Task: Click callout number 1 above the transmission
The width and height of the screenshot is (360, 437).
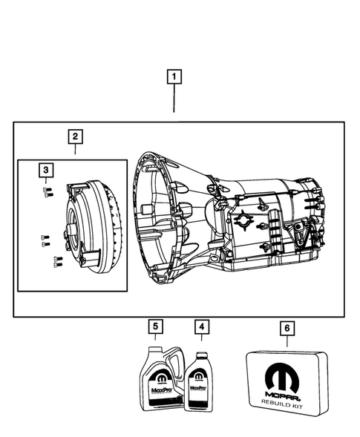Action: pyautogui.click(x=174, y=76)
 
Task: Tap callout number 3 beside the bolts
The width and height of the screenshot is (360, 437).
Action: pyautogui.click(x=46, y=171)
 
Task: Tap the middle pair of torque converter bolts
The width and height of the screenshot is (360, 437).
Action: pyautogui.click(x=44, y=240)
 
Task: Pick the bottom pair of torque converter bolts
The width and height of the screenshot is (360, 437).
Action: pyautogui.click(x=56, y=260)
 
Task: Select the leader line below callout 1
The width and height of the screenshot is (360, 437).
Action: pyautogui.click(x=174, y=100)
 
